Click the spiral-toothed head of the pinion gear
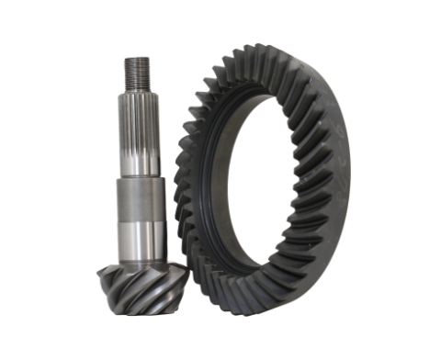coord(139,285)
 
